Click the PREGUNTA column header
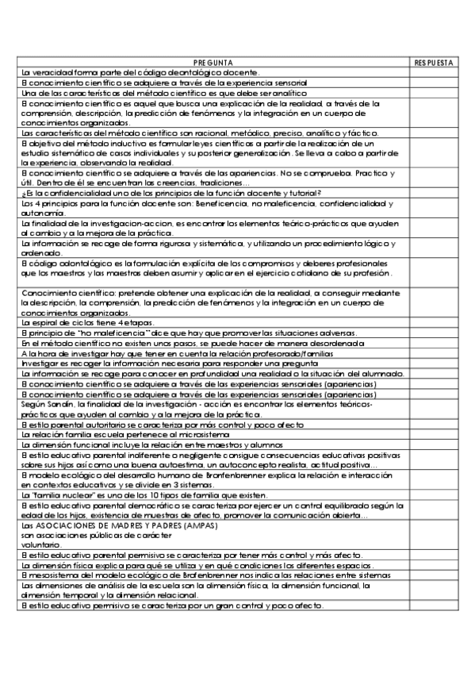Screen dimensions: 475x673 (x=213, y=62)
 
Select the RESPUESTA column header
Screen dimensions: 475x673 (x=434, y=62)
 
